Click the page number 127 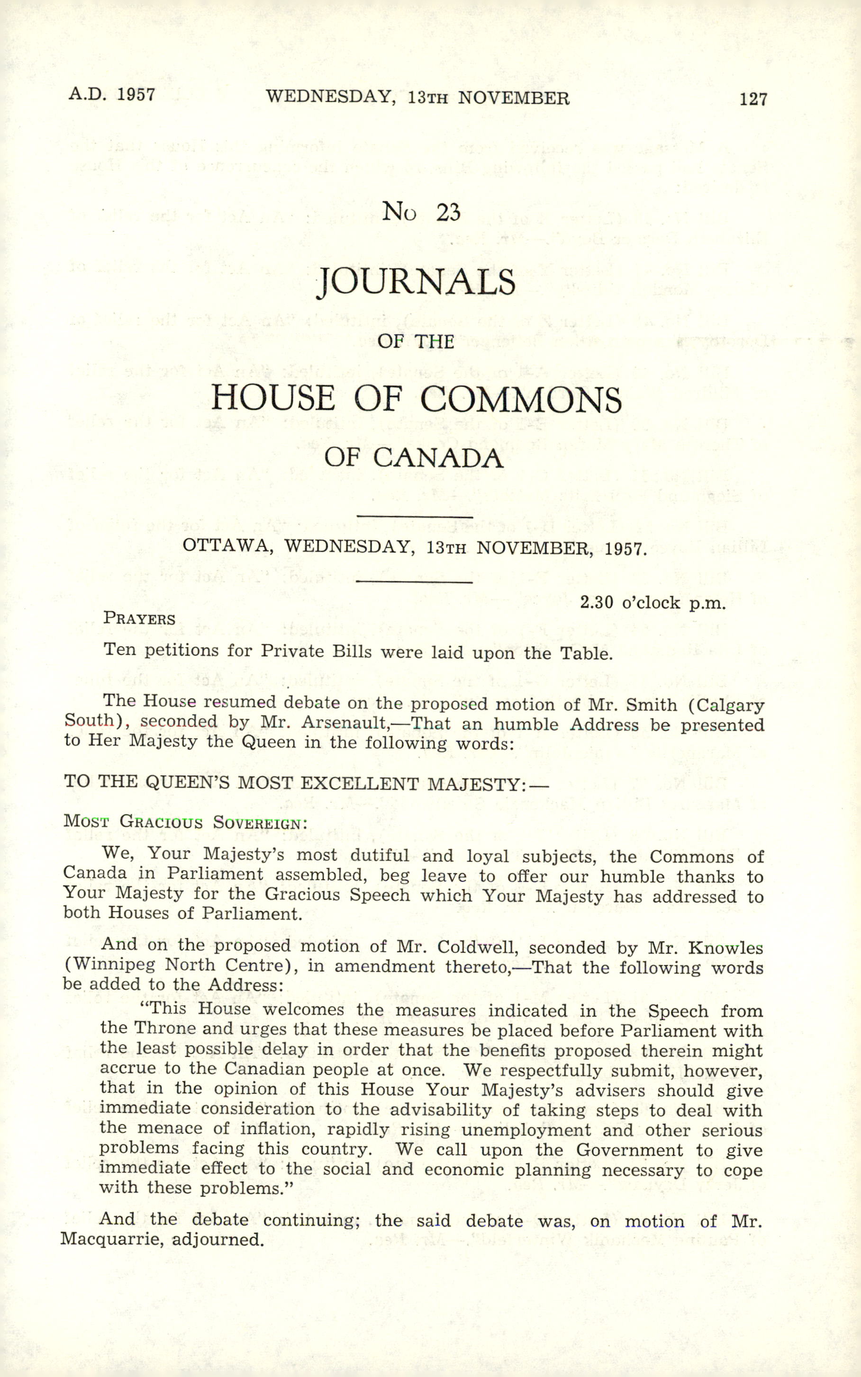click(753, 99)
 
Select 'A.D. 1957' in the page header click(112, 94)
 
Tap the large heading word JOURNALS click(416, 282)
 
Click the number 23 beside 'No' click(448, 213)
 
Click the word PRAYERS click(139, 618)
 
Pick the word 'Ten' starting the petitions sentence click(119, 650)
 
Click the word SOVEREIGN click(260, 823)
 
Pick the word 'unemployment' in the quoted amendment click(526, 1130)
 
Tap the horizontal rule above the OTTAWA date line click(414, 517)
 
